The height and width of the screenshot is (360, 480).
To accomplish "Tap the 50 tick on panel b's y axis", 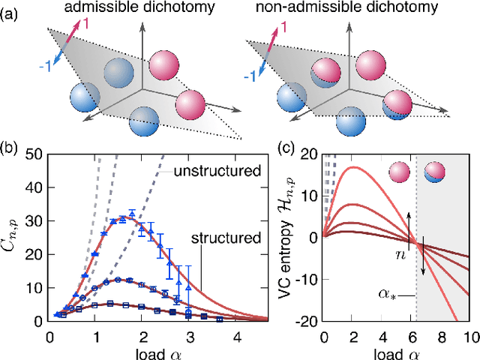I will pyautogui.click(x=34, y=154).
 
